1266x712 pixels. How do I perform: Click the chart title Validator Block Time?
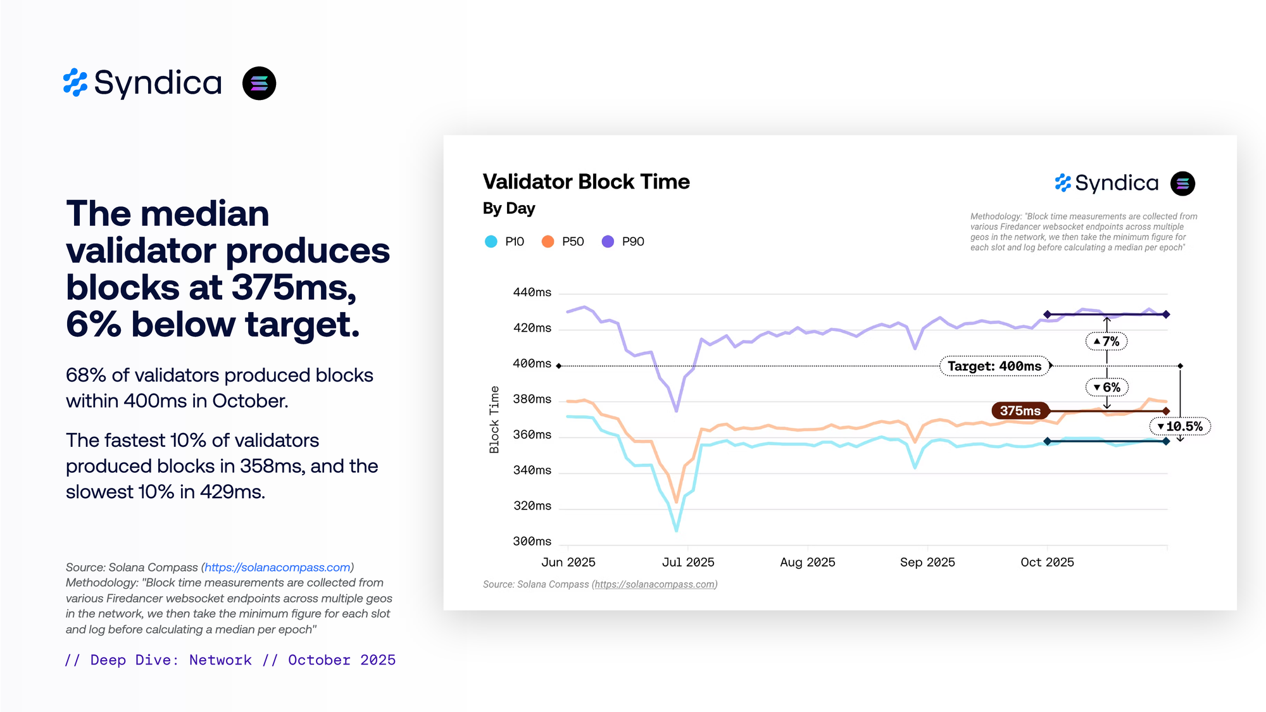tap(586, 182)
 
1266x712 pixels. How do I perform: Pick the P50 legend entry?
tap(563, 242)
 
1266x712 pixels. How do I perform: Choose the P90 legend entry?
tap(623, 242)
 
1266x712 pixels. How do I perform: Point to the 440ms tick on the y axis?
tap(532, 292)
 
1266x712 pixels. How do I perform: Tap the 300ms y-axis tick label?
tap(532, 541)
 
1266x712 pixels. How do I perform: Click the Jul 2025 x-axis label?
tap(688, 562)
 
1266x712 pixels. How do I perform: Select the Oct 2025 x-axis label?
tap(1047, 562)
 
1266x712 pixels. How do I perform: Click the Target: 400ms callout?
tap(994, 366)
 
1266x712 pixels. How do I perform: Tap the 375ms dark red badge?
tap(1020, 411)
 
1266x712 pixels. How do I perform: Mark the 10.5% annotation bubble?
tap(1180, 427)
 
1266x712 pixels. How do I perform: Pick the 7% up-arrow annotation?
tap(1106, 342)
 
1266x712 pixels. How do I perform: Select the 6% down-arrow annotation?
tap(1106, 387)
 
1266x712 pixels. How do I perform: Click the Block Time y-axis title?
tap(494, 420)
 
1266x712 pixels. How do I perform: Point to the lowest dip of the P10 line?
tap(677, 529)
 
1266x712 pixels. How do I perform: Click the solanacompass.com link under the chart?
tap(655, 584)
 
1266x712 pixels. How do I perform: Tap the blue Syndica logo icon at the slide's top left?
tap(75, 83)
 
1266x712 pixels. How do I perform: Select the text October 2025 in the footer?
tap(342, 660)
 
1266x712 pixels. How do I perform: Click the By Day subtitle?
tap(509, 208)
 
